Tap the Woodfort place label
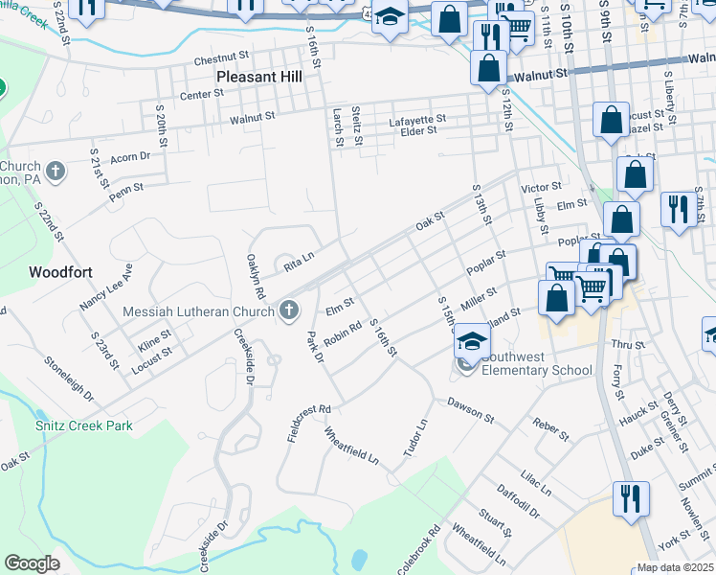(x=60, y=272)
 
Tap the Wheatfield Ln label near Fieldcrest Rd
(x=351, y=446)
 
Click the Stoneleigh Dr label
(x=70, y=379)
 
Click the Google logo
(x=32, y=563)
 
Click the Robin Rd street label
(x=341, y=333)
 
